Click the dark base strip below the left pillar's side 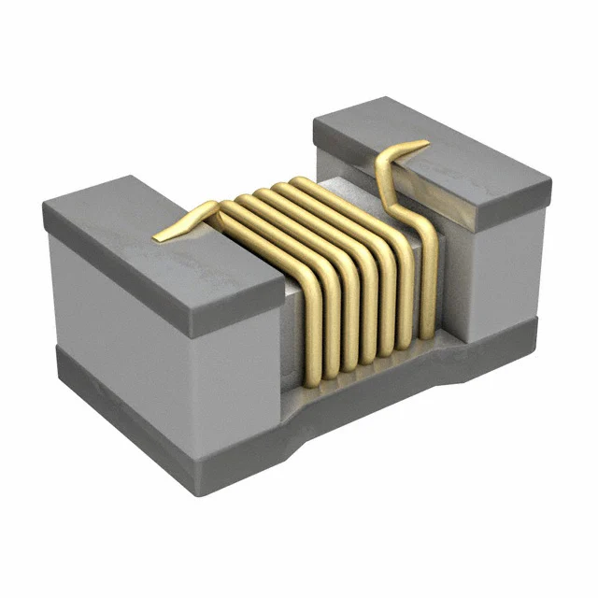tap(131, 392)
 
